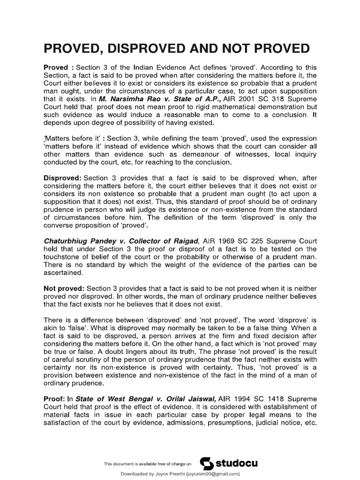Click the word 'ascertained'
tap(63, 274)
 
